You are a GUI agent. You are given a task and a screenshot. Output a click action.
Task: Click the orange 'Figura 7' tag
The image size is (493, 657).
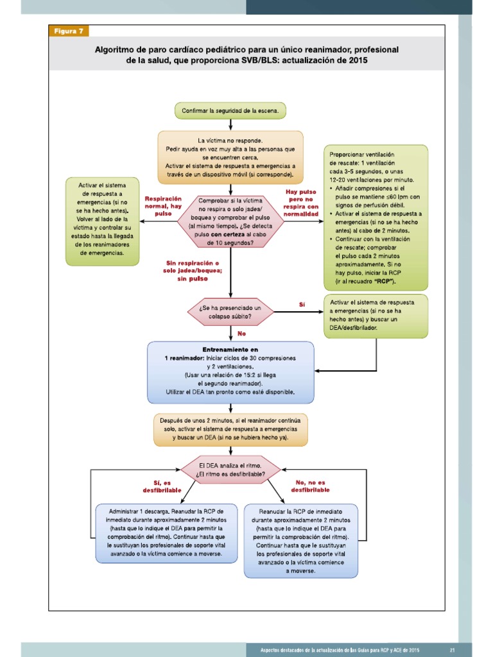coord(69,31)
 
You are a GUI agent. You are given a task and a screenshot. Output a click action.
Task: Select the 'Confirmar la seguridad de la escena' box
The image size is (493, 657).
coord(230,110)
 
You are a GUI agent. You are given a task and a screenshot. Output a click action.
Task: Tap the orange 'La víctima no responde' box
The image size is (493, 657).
coord(230,157)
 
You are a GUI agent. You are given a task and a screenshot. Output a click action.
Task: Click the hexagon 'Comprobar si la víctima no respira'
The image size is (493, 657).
coord(230,221)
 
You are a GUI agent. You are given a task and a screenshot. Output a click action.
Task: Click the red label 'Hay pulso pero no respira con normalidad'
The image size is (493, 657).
coord(301,203)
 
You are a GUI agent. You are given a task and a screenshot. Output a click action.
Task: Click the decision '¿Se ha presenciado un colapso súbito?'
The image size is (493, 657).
coord(230,312)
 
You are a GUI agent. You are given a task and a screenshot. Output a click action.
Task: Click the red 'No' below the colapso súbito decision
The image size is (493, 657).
coord(242,334)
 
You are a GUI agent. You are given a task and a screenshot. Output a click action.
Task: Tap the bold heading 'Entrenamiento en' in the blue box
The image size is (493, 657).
coord(230,349)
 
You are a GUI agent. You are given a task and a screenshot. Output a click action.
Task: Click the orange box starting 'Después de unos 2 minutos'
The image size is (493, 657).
coord(230,430)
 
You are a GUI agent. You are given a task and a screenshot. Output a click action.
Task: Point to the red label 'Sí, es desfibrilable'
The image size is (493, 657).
coord(162,486)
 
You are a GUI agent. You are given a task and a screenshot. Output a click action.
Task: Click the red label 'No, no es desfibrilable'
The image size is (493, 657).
coord(311,486)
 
